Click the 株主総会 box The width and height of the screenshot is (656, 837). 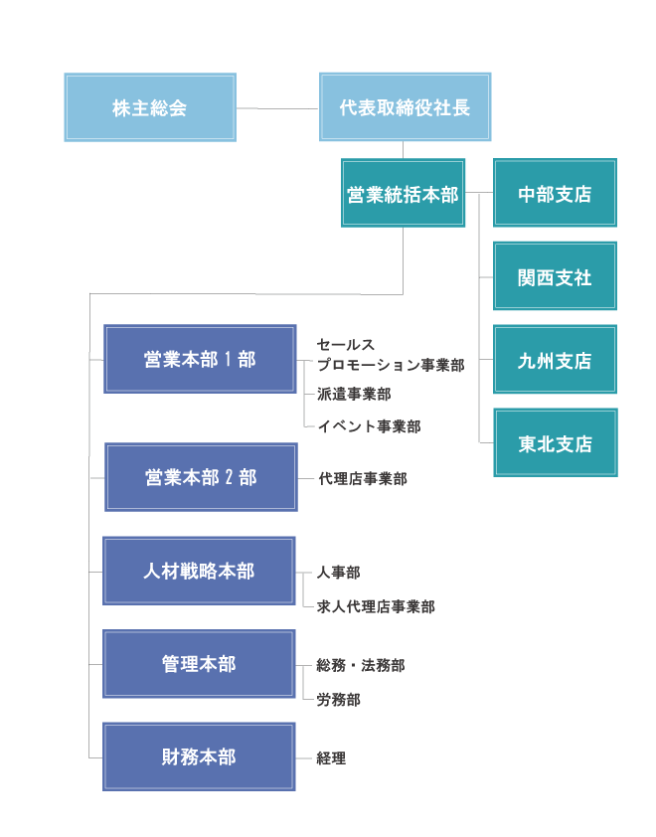(150, 107)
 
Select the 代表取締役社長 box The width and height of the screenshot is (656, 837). (406, 107)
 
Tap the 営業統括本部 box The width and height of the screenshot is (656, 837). (403, 194)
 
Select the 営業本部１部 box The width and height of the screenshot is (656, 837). (200, 359)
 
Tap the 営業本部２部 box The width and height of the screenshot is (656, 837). (201, 477)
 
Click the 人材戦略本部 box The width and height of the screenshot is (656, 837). (199, 572)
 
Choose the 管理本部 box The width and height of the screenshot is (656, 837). (199, 664)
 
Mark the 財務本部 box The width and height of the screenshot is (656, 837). (199, 757)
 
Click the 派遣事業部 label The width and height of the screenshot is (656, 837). (354, 395)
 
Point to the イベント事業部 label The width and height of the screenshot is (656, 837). (369, 426)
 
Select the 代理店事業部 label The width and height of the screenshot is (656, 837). (362, 479)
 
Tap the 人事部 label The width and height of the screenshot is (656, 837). (338, 573)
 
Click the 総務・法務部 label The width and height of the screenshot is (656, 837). (360, 666)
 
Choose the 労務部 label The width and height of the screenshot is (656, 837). (338, 700)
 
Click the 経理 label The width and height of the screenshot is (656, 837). (331, 758)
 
